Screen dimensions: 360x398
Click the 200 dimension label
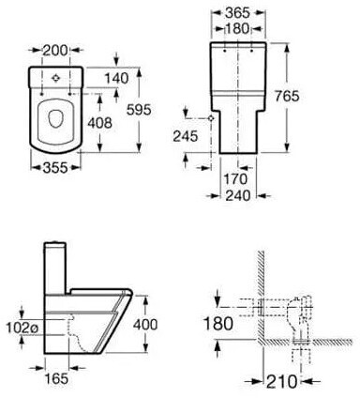click(x=55, y=50)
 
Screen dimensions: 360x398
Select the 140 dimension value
click(x=116, y=78)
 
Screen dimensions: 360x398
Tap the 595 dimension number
click(x=139, y=110)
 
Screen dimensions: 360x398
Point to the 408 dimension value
click(x=99, y=123)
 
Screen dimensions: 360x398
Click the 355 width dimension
click(x=55, y=168)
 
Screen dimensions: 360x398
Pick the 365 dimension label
click(x=238, y=13)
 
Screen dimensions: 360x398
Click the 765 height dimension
click(x=287, y=96)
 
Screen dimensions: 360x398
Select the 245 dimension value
click(x=186, y=136)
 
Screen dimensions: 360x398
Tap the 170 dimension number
click(x=235, y=179)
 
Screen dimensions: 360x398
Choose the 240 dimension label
click(x=238, y=196)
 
